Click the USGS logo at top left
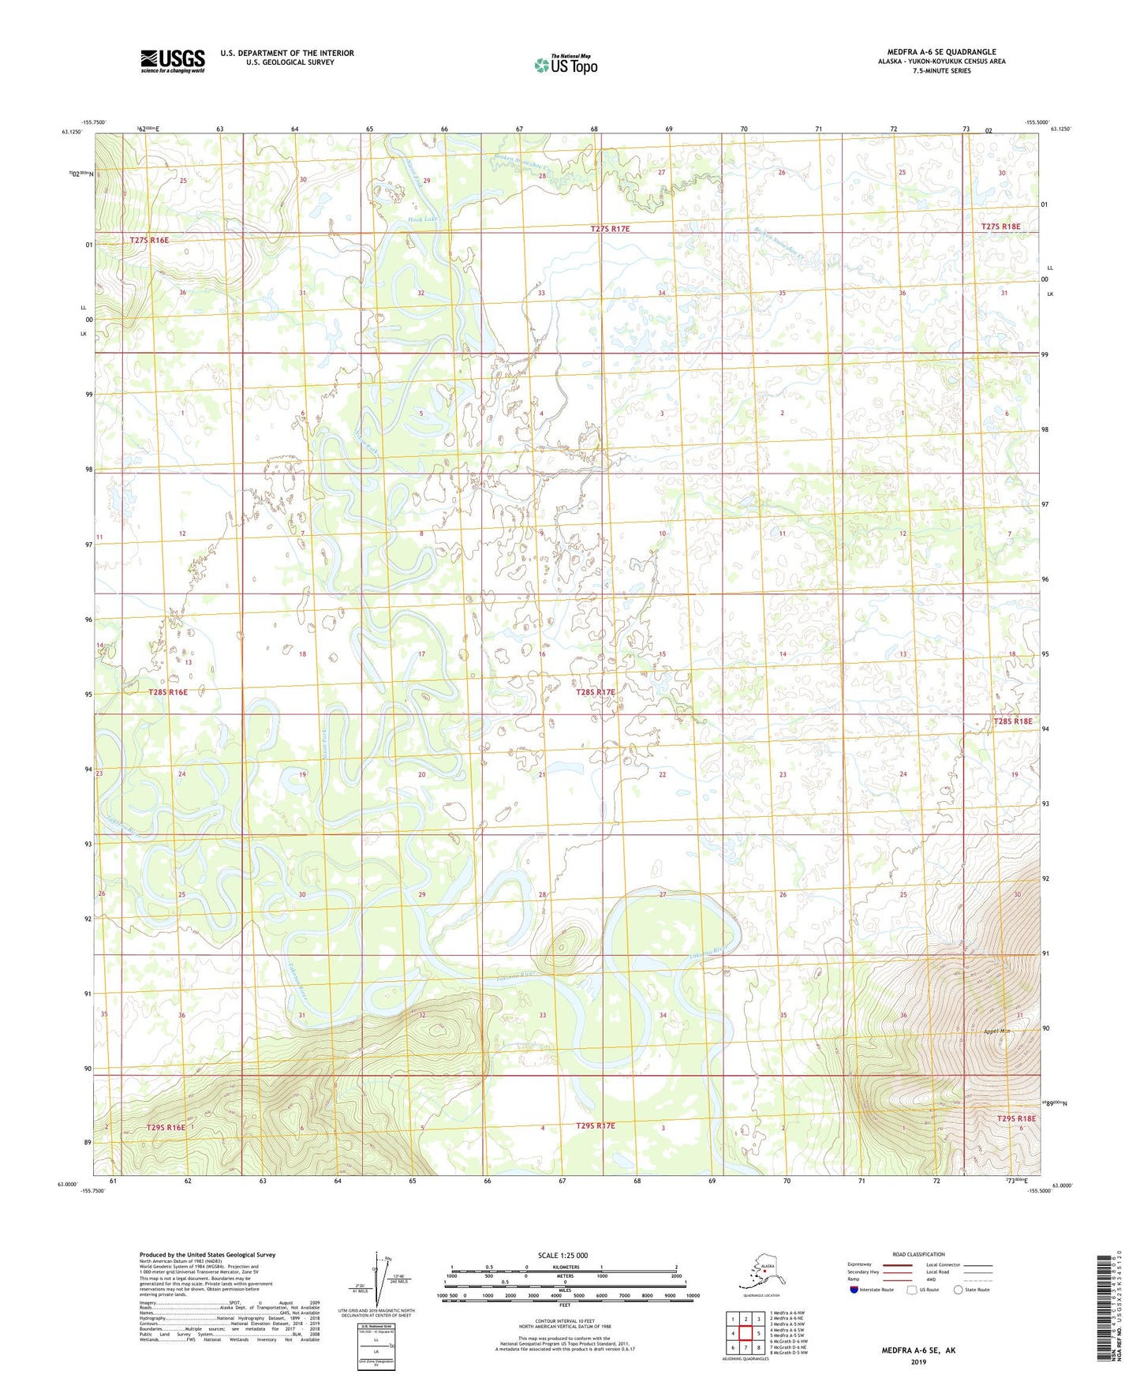pos(172,61)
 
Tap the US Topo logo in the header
pos(565,65)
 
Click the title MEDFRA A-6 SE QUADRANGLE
pos(941,52)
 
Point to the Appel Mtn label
pos(997,1032)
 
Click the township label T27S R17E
pos(610,229)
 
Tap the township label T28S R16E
pos(168,692)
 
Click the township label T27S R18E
pos(1000,227)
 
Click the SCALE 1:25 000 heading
pos(563,1255)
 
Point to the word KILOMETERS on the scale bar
pos(563,1267)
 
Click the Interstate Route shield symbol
pos(854,1290)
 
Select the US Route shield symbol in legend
pos(914,1290)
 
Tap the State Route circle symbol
pos(959,1290)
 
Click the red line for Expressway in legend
pos(896,1264)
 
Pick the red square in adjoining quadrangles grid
pos(745,1333)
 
